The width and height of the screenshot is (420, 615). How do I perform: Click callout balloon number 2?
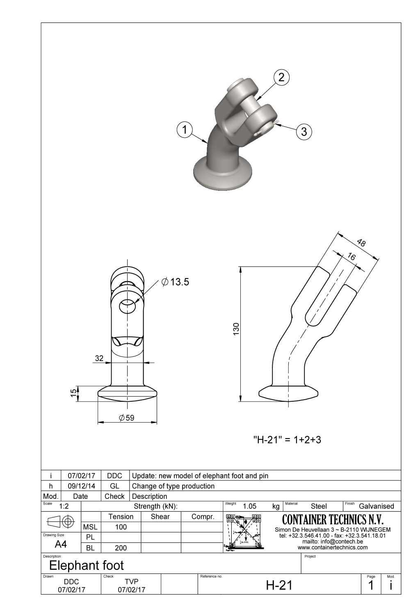pyautogui.click(x=281, y=77)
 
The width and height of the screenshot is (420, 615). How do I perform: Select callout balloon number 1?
pyautogui.click(x=185, y=130)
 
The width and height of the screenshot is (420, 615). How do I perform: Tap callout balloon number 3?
pyautogui.click(x=304, y=132)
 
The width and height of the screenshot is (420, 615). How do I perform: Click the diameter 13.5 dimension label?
pyautogui.click(x=176, y=282)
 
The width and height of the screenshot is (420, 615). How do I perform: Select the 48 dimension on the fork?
pyautogui.click(x=361, y=243)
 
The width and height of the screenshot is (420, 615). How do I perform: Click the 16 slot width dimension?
pyautogui.click(x=351, y=257)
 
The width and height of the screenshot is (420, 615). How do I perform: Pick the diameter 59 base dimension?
pyautogui.click(x=127, y=418)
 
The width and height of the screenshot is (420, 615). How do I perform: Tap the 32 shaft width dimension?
pyautogui.click(x=99, y=358)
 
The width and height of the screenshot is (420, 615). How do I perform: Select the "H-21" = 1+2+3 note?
pyautogui.click(x=287, y=440)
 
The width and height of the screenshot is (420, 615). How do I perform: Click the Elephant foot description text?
pyautogui.click(x=86, y=566)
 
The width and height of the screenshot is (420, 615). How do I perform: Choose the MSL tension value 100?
pyautogui.click(x=121, y=527)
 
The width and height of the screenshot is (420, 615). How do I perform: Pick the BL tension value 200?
pyautogui.click(x=121, y=548)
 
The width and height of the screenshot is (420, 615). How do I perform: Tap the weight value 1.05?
pyautogui.click(x=249, y=506)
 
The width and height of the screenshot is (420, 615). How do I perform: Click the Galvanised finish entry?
pyautogui.click(x=376, y=506)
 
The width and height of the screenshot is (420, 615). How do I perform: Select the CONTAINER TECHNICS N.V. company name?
pyautogui.click(x=333, y=520)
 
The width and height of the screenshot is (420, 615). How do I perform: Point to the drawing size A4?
pyautogui.click(x=61, y=544)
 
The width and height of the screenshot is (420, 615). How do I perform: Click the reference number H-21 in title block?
pyautogui.click(x=279, y=585)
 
